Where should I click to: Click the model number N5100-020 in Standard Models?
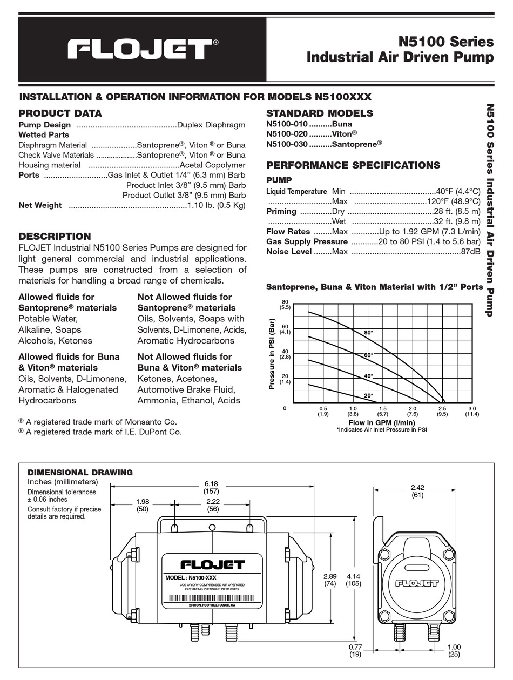[287, 133]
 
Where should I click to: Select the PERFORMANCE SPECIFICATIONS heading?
[353, 165]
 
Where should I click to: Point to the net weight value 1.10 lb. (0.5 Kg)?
[216, 205]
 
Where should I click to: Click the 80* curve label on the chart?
[368, 333]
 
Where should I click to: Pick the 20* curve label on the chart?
[368, 396]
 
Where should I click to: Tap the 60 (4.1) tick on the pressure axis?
[285, 329]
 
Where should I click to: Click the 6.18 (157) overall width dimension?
[211, 488]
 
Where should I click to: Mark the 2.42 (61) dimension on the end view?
[417, 491]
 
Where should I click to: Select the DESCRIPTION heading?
[55, 236]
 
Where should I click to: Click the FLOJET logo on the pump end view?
[416, 583]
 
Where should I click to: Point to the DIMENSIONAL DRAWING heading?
[80, 472]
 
